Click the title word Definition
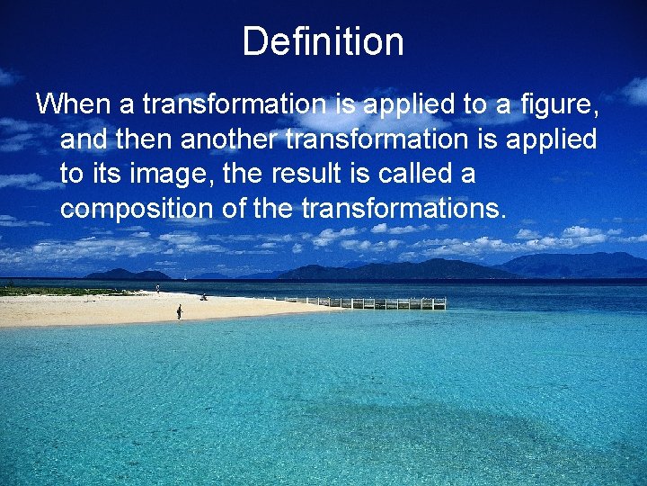[323, 41]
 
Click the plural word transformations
[403, 209]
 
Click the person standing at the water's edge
[179, 311]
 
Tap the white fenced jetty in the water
[377, 303]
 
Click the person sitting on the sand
[203, 296]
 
